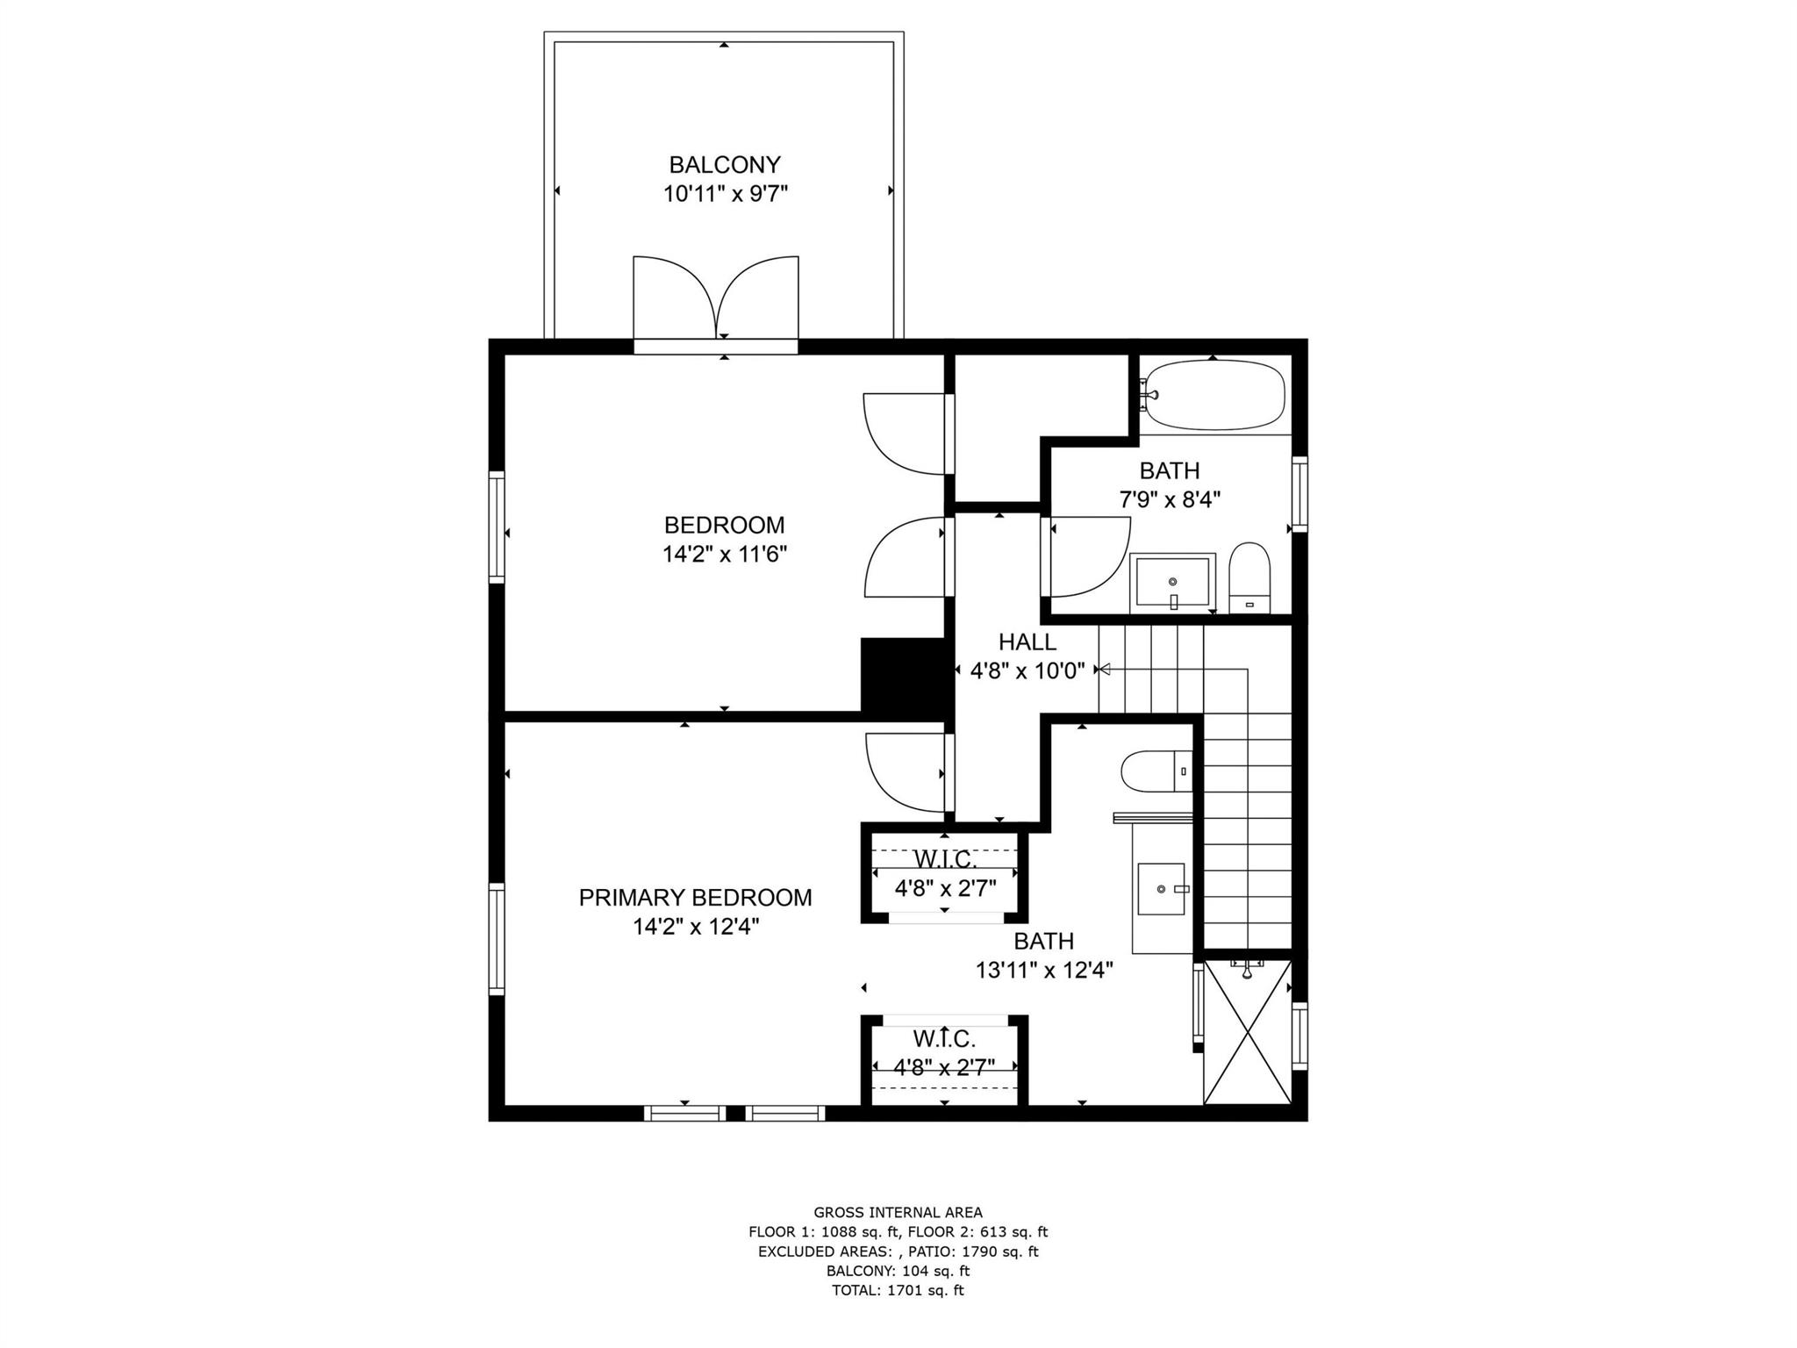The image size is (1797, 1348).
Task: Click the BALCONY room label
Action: [725, 165]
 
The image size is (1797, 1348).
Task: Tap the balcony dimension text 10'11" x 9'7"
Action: [726, 194]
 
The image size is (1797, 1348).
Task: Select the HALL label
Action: [1027, 642]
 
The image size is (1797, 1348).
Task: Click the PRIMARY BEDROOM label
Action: [696, 898]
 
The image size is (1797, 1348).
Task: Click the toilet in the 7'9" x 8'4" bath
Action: [1249, 577]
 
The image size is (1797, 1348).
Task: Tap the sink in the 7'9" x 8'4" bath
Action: [1172, 582]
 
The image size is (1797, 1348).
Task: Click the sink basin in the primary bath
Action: [1163, 888]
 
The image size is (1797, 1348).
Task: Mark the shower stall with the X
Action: [1248, 1031]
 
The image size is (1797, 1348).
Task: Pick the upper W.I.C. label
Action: [945, 859]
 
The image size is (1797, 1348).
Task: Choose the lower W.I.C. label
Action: [944, 1039]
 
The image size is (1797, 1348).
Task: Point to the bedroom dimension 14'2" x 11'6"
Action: [725, 555]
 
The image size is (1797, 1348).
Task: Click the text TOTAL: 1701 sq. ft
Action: [898, 1290]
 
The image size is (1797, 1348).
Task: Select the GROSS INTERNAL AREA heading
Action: [898, 1213]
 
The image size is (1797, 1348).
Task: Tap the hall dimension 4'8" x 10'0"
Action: [1027, 671]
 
